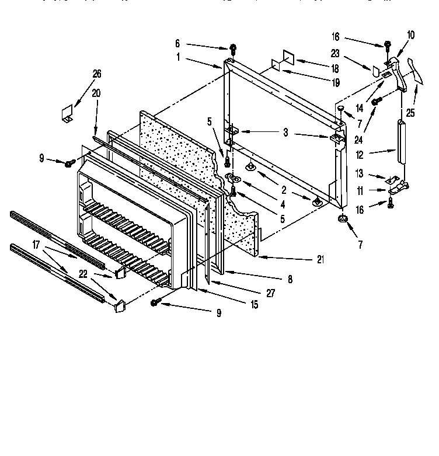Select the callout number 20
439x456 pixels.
(x=96, y=93)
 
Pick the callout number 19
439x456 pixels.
(x=336, y=83)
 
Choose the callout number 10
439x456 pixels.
(x=411, y=36)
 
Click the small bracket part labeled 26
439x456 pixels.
(x=67, y=113)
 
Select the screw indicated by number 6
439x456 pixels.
(x=232, y=47)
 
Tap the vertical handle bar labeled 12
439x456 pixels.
(x=400, y=142)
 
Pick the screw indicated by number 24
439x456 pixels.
(x=377, y=102)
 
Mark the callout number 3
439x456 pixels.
(x=285, y=133)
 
